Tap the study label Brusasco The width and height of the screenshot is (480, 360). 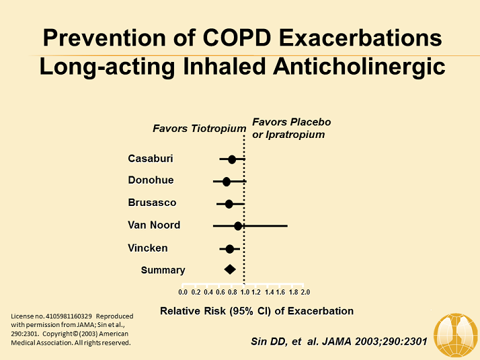coord(152,203)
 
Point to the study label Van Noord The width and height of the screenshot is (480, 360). coord(154,225)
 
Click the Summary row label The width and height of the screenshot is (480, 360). coord(163,270)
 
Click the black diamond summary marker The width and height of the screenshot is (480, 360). coord(230,269)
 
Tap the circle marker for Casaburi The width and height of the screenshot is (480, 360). coord(232,159)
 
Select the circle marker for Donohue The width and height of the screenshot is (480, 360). coord(227,182)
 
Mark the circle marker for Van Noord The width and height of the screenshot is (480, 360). coord(238,226)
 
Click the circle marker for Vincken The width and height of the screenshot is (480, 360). coord(230,249)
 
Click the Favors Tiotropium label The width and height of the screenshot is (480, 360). coord(199,129)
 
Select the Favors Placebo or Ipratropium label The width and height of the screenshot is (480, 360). coord(291,128)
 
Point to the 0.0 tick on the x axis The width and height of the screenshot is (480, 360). coord(183,292)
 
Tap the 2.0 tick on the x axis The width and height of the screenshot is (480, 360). coord(305,292)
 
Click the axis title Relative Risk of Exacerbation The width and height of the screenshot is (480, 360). coord(256,311)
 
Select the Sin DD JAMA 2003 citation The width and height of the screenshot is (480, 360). coord(334,341)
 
